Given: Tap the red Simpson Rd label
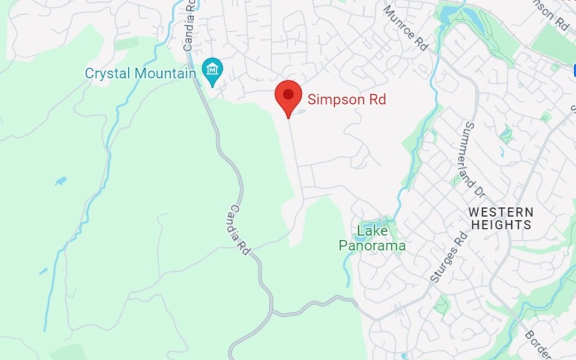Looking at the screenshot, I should (x=347, y=99).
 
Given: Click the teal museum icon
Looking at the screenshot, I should (x=212, y=70).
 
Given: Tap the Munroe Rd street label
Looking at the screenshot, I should (x=406, y=29).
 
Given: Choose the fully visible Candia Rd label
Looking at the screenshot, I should (x=240, y=229).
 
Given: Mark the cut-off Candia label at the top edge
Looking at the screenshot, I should (x=189, y=25).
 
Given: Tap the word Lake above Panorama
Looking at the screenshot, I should (x=372, y=231).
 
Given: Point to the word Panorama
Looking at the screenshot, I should (x=372, y=245).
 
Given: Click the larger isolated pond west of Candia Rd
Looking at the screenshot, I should (x=60, y=181).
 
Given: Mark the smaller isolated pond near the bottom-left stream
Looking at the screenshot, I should (x=43, y=271).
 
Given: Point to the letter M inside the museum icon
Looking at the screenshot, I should (x=212, y=69).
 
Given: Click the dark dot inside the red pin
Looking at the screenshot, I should (x=288, y=94).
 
